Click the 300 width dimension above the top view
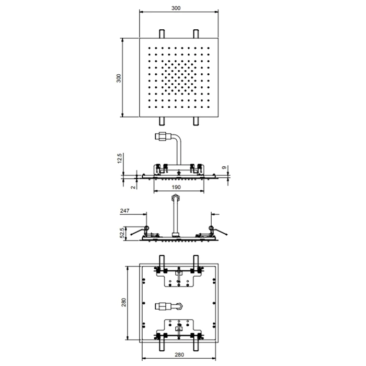(x=176, y=8)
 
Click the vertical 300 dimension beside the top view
(x=119, y=78)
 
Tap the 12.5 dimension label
(x=119, y=158)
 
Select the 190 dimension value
(x=176, y=187)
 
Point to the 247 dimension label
(x=124, y=211)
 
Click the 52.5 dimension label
(x=122, y=233)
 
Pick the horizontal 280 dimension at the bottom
(x=179, y=354)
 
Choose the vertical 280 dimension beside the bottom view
(x=124, y=303)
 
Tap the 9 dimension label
(x=224, y=167)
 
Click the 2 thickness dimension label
(x=133, y=187)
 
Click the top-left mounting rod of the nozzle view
(x=162, y=33)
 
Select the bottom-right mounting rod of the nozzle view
(x=196, y=121)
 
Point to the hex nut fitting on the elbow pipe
(x=161, y=136)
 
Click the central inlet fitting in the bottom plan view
(x=169, y=306)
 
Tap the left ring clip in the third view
(x=146, y=228)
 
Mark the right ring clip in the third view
(x=211, y=228)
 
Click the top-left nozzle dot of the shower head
(x=150, y=48)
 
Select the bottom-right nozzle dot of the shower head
(x=208, y=107)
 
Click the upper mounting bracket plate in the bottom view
(x=179, y=279)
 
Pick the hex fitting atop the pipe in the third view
(x=176, y=198)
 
